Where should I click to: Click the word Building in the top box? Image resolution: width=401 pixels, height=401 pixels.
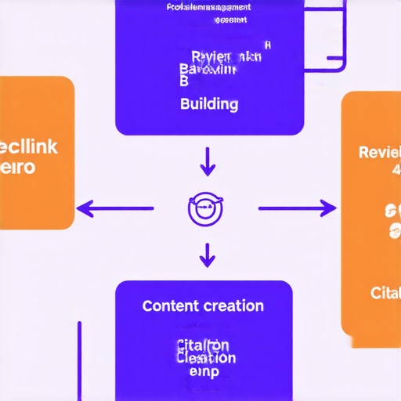click(x=209, y=103)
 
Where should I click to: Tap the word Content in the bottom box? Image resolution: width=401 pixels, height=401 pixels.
click(x=171, y=305)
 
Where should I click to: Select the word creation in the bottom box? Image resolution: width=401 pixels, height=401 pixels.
click(x=233, y=305)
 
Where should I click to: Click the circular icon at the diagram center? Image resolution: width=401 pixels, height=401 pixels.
click(x=207, y=208)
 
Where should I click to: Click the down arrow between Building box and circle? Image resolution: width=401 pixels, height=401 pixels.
click(x=208, y=161)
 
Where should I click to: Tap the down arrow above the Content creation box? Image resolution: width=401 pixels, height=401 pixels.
click(x=208, y=255)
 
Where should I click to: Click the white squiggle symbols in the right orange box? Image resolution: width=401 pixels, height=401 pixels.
click(x=392, y=219)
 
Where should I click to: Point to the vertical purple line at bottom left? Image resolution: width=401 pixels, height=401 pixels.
click(x=79, y=360)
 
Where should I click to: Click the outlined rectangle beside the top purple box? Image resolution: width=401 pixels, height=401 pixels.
click(x=325, y=35)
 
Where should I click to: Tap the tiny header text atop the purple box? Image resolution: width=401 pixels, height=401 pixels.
click(x=210, y=8)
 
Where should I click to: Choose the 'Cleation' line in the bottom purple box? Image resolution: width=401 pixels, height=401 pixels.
click(x=206, y=358)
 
